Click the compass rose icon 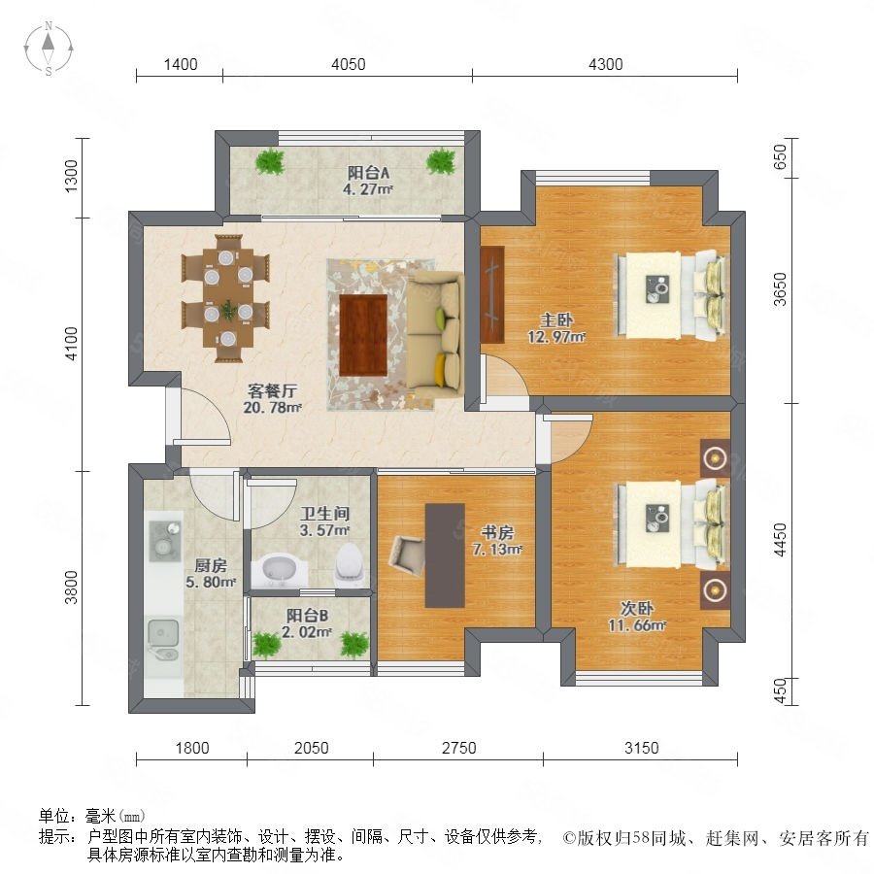(x=49, y=49)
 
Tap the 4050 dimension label (x=349, y=65)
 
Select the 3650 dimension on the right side (x=781, y=289)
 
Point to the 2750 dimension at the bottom (x=458, y=748)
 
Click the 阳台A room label (x=368, y=173)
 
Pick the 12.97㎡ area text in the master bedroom (x=556, y=337)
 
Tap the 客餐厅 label (x=272, y=390)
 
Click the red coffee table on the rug (x=363, y=335)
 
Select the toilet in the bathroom (x=349, y=561)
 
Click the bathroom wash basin (x=278, y=571)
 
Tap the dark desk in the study (x=445, y=555)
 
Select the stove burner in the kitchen (x=165, y=541)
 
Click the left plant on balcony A (x=270, y=161)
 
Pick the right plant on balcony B (x=354, y=645)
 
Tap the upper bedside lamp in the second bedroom (x=715, y=458)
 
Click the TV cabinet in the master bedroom (x=492, y=294)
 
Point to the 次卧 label (x=636, y=608)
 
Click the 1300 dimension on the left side (x=71, y=177)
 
